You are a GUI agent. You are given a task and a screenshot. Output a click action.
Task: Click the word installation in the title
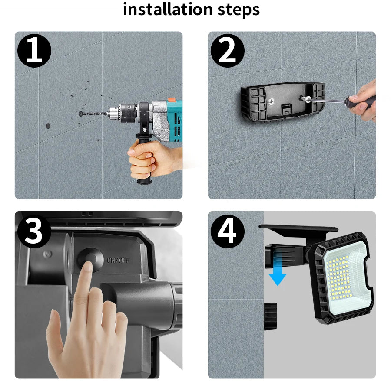168,10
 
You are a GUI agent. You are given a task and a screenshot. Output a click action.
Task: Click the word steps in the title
239,10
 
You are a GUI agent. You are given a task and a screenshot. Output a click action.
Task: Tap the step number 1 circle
34,51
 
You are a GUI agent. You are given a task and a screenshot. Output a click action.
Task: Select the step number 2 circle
227,51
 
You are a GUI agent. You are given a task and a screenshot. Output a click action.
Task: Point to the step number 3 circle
34,231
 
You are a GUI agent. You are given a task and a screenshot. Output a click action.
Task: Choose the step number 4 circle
227,231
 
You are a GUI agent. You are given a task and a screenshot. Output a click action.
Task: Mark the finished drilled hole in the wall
48,126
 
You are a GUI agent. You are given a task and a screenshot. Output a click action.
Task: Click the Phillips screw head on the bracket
271,101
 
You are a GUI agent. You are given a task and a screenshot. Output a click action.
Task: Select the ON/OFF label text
118,260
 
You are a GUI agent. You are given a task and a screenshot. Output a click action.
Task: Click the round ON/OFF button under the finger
91,259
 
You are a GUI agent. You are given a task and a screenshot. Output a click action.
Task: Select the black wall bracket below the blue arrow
271,316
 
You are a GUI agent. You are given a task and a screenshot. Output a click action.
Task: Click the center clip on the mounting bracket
287,110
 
